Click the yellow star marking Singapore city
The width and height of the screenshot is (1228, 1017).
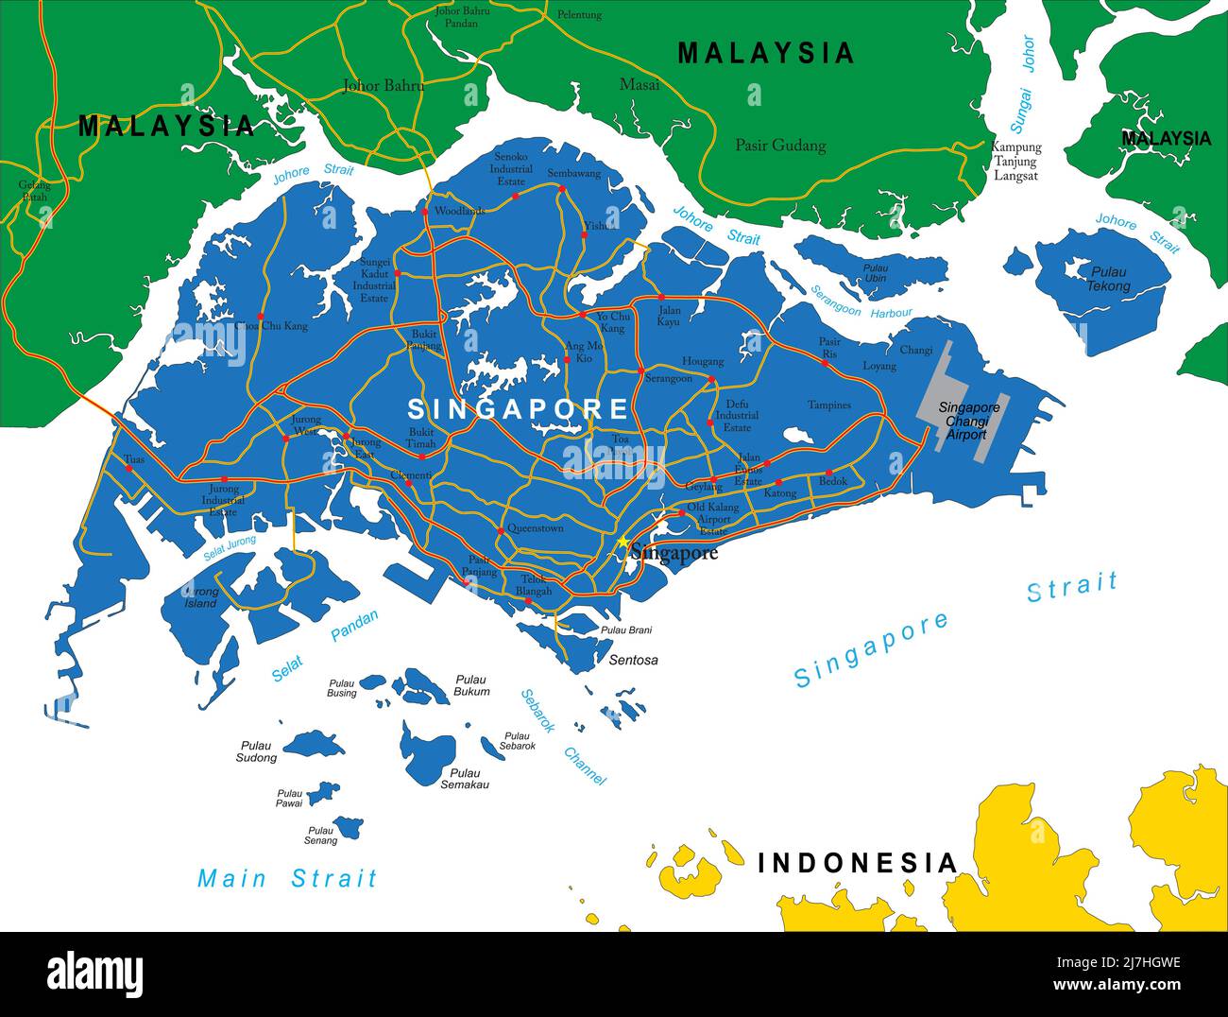[x=623, y=542]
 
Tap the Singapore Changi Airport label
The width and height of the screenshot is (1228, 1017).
[x=968, y=422]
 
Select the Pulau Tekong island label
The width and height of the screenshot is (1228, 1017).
[x=1108, y=279]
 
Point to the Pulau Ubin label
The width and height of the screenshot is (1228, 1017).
[x=876, y=273]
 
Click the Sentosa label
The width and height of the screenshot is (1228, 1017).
[x=633, y=660]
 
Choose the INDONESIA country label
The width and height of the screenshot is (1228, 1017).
[x=858, y=863]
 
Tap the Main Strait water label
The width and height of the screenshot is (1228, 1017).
[x=287, y=879]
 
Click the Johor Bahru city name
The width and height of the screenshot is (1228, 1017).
[x=383, y=86]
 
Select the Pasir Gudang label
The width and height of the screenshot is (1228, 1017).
[x=780, y=146]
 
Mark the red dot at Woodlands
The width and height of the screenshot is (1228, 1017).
[x=425, y=212]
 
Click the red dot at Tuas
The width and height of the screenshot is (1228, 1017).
[x=128, y=468]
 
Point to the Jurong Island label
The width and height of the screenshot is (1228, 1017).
[x=200, y=597]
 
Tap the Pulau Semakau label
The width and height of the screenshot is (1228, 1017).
[x=465, y=779]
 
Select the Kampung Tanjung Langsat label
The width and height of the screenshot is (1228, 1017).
[x=1015, y=162]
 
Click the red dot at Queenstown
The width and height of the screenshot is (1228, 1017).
[x=501, y=531]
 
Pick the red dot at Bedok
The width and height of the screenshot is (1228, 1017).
[x=828, y=473]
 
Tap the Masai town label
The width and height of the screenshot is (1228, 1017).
[x=640, y=85]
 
